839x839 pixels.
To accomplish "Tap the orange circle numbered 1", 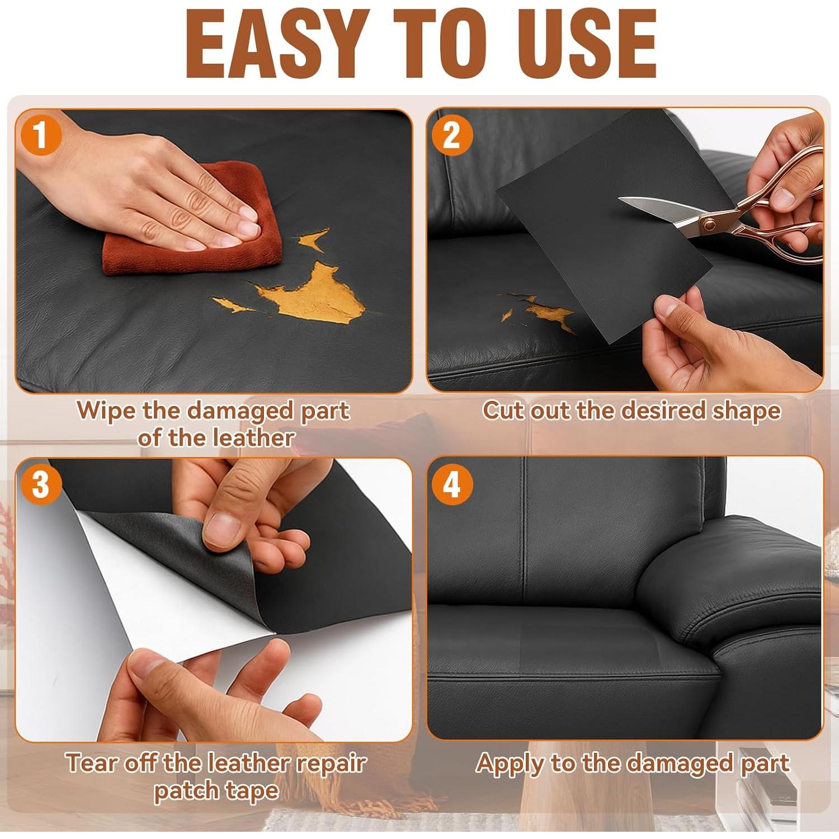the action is tap(40, 136).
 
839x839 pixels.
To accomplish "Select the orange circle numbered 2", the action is tap(451, 135).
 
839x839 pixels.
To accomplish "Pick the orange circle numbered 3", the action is tap(40, 484).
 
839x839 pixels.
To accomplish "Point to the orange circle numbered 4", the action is tap(451, 484).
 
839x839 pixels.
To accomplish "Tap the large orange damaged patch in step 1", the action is tap(313, 294).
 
